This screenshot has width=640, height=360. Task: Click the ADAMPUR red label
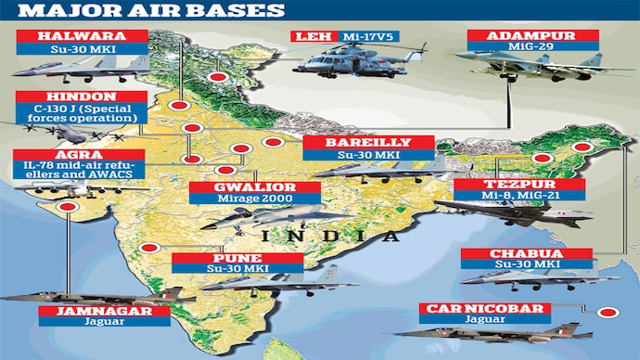525,36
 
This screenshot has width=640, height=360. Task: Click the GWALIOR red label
254,186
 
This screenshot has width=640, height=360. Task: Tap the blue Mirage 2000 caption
254,198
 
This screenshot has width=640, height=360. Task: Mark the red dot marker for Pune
149,249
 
